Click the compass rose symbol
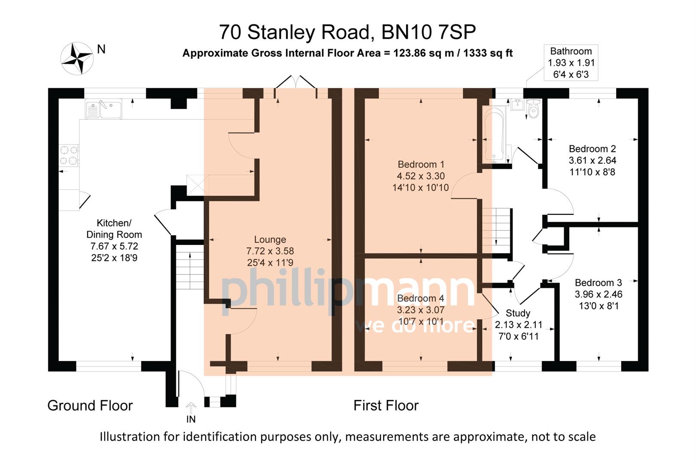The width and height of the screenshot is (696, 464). point(77,58)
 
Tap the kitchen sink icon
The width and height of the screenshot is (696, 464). point(104,109)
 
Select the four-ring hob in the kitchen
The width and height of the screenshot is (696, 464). point(69,155)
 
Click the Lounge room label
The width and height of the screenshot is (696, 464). point(270,240)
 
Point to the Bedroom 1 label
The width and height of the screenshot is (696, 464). point(421,165)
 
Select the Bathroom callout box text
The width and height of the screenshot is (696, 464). point(571,63)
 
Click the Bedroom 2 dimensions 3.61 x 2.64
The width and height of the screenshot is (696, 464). point(592,161)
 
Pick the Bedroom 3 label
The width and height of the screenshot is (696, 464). point(598,283)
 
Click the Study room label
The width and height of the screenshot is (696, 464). point(518,313)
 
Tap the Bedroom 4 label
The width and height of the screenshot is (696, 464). point(420,299)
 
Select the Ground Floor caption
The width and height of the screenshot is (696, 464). point(90,406)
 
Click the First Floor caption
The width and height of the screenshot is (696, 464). point(386,406)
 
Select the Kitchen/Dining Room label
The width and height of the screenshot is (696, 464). point(114,229)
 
